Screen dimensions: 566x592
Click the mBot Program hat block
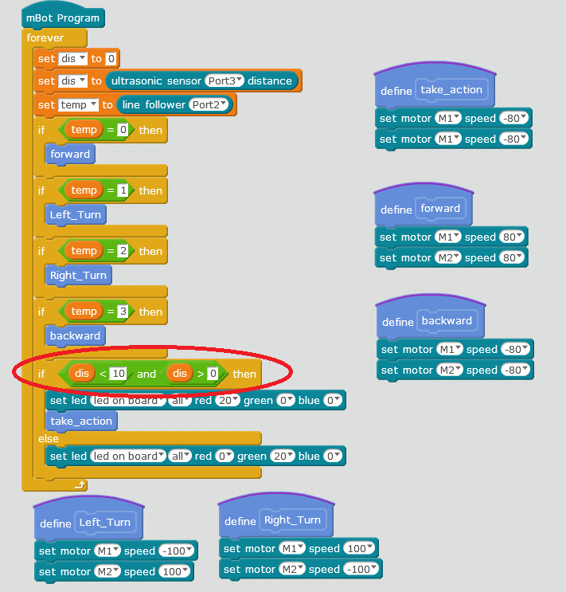[63, 18]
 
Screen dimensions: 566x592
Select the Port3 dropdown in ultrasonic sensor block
[224, 80]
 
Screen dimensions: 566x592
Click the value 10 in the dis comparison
[119, 374]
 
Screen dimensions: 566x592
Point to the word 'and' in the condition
[146, 374]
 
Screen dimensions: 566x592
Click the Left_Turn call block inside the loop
[76, 215]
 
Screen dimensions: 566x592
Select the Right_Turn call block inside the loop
[79, 276]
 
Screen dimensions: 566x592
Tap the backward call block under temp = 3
[75, 335]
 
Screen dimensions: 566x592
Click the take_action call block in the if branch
[81, 421]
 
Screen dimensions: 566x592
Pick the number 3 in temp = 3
[123, 311]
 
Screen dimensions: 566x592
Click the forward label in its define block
[440, 208]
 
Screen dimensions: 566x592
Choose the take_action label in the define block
[451, 89]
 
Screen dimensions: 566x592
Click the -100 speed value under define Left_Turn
[176, 551]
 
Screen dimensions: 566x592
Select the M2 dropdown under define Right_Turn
[292, 570]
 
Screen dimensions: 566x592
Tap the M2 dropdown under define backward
[450, 370]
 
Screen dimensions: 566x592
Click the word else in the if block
[49, 439]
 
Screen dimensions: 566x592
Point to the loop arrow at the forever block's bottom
[80, 484]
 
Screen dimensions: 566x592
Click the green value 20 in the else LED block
[283, 456]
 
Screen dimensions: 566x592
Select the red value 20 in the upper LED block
[228, 400]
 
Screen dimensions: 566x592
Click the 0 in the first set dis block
[111, 58]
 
